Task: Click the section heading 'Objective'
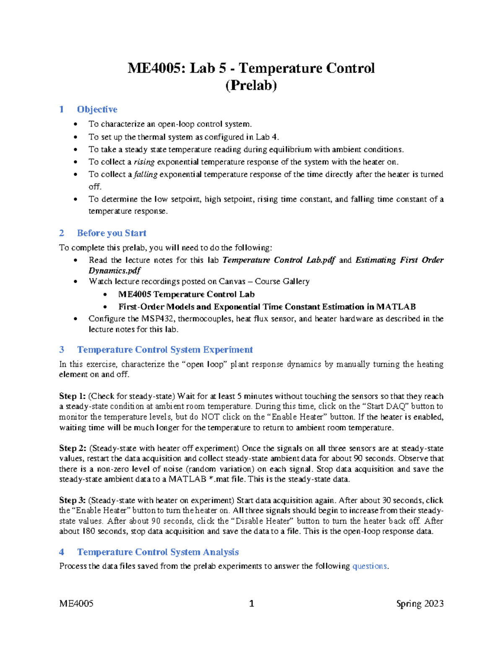(x=97, y=109)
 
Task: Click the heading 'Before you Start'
(x=111, y=233)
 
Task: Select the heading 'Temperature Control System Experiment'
(x=165, y=350)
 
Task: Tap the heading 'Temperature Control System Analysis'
(x=158, y=552)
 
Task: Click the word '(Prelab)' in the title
(x=251, y=86)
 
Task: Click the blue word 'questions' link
(x=370, y=566)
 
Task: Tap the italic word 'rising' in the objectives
(x=144, y=162)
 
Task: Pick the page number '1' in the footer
(x=251, y=604)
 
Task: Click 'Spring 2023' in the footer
(x=420, y=604)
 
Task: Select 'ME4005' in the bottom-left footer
(x=76, y=604)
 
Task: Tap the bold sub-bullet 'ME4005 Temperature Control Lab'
(x=187, y=294)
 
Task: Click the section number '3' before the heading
(x=62, y=350)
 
